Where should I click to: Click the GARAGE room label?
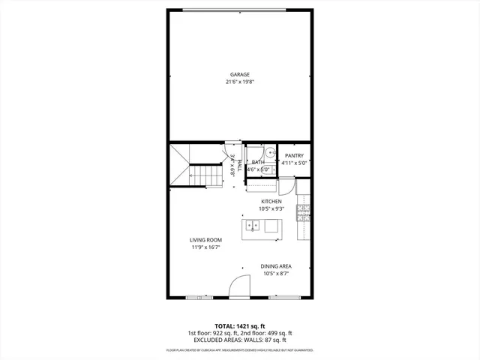pyautogui.click(x=240, y=74)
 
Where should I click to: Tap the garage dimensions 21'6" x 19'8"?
pyautogui.click(x=240, y=82)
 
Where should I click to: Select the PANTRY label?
pyautogui.click(x=294, y=155)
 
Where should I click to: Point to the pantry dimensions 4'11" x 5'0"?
pyautogui.click(x=294, y=163)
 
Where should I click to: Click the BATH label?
pyautogui.click(x=258, y=162)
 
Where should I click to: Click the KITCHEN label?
pyautogui.click(x=271, y=202)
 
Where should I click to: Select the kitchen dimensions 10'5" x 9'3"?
pyautogui.click(x=271, y=209)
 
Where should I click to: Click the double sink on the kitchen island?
pyautogui.click(x=253, y=226)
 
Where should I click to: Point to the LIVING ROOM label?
pyautogui.click(x=205, y=240)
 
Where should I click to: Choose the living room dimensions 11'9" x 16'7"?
pyautogui.click(x=205, y=247)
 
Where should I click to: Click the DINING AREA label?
pyautogui.click(x=276, y=266)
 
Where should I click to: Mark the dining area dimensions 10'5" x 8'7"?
pyautogui.click(x=276, y=274)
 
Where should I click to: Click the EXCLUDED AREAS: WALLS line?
pyautogui.click(x=240, y=340)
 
